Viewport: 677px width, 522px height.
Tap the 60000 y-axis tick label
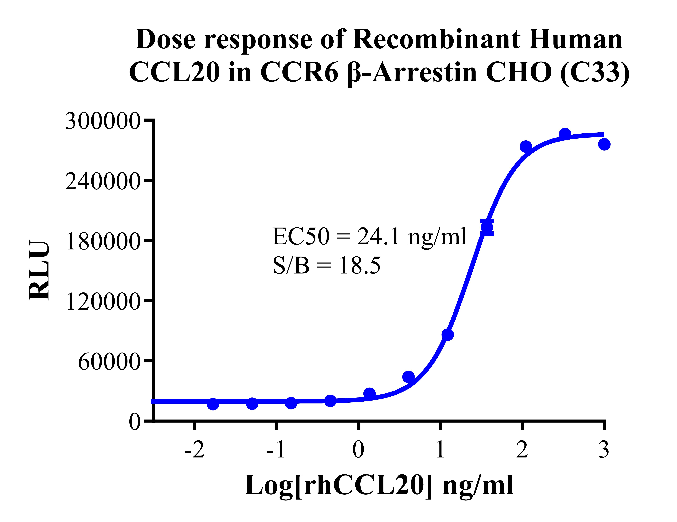109,362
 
